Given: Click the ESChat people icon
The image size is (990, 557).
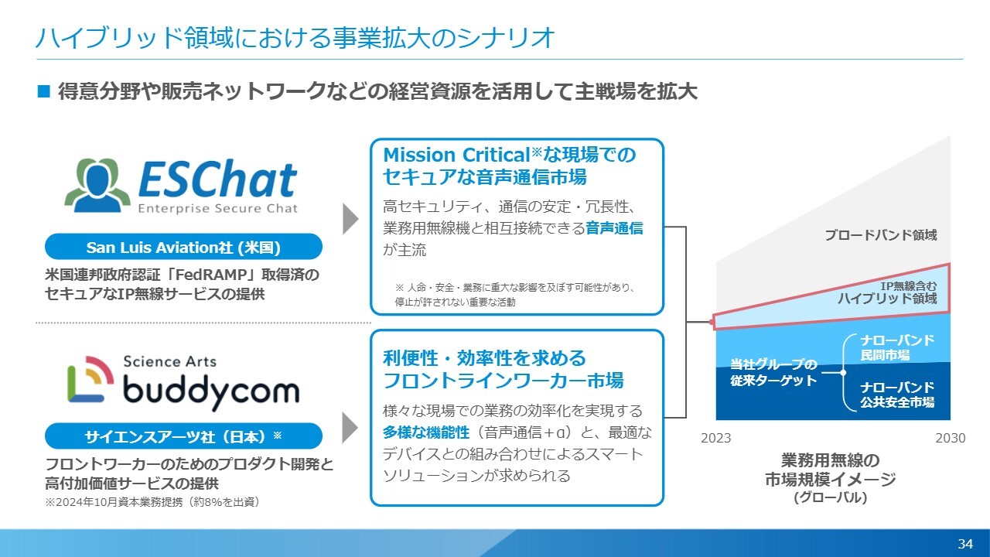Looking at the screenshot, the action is (97, 185).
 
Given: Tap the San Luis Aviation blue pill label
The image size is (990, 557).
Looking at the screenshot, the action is (183, 247).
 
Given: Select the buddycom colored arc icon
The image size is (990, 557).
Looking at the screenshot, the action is (90, 379).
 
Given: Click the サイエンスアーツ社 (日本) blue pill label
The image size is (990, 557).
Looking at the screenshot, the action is (183, 436).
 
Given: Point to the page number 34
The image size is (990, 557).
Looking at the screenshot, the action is (965, 543).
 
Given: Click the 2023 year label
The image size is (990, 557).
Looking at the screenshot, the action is (716, 438).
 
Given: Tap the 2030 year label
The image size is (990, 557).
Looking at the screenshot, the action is (951, 438).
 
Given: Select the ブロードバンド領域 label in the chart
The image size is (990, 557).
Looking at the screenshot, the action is (881, 234).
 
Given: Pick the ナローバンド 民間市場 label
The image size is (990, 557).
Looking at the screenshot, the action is (897, 347).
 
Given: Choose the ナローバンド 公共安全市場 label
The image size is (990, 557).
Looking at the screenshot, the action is (897, 395).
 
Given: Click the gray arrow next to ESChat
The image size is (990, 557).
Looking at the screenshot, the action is (350, 219).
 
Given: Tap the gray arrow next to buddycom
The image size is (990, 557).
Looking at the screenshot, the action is (350, 428).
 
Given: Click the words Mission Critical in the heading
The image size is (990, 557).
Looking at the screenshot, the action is (456, 155).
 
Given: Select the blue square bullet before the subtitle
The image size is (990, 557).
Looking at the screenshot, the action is (44, 91).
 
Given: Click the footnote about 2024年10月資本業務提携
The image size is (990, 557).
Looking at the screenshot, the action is (152, 502).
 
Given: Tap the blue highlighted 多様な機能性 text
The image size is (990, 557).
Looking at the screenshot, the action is (426, 432).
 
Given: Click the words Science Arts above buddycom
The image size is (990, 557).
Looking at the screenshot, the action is (169, 361).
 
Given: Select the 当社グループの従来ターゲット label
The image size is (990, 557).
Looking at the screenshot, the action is (773, 372).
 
